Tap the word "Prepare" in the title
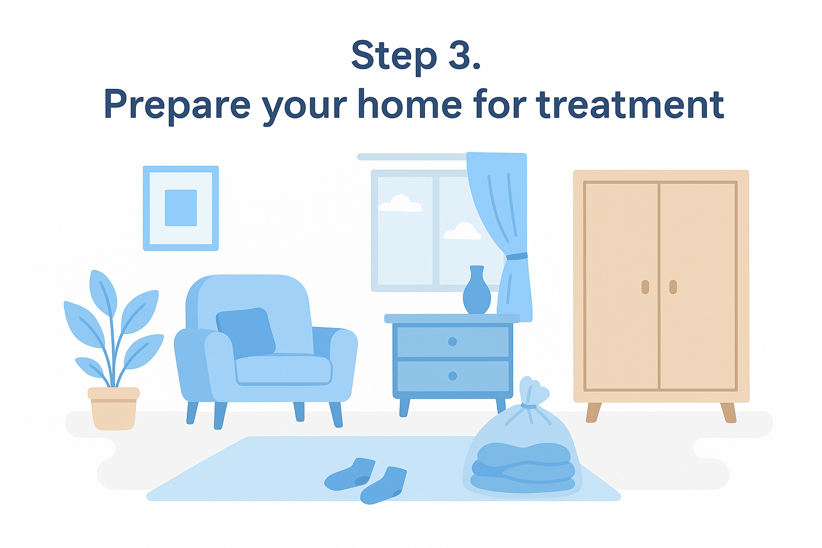[177, 107]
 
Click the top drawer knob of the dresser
[452, 342]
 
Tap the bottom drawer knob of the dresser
[453, 376]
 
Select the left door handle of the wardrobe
[645, 287]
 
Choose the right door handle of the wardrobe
[673, 287]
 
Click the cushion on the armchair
[246, 332]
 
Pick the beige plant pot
[114, 408]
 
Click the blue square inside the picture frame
[181, 208]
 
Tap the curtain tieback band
[516, 256]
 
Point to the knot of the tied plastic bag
[528, 406]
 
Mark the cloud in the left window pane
[400, 203]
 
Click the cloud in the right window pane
[462, 231]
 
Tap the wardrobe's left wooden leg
[593, 413]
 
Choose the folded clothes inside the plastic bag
[523, 468]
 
